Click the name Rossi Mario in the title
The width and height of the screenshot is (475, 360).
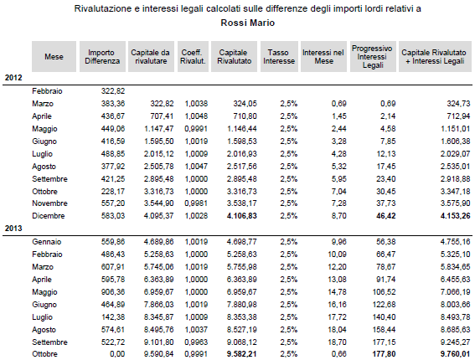point(247,23)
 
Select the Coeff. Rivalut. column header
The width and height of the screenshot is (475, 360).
point(193,57)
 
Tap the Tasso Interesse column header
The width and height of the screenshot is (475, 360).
point(279,57)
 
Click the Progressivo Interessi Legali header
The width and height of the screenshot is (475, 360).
point(373,57)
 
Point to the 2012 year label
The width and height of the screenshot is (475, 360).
point(13,78)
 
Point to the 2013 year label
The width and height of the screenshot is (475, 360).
point(13,229)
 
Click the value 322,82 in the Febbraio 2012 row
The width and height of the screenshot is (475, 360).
point(113,91)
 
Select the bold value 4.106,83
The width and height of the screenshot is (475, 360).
point(242,216)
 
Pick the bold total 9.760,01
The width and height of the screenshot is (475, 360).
point(455,354)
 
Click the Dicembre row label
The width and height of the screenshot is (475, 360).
point(49,216)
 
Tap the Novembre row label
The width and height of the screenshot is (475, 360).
point(49,203)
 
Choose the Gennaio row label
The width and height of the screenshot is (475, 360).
point(47,242)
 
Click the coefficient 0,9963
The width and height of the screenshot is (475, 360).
point(196,342)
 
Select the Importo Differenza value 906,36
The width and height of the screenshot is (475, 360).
point(113,292)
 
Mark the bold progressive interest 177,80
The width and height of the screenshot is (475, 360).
point(385,354)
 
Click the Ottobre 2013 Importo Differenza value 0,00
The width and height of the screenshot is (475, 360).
point(117,354)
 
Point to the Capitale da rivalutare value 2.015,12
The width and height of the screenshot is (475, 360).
point(158,154)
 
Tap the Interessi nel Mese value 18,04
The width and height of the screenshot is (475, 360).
point(337,330)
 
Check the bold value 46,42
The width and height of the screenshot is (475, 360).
point(386,216)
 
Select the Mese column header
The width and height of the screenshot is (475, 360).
point(54,57)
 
